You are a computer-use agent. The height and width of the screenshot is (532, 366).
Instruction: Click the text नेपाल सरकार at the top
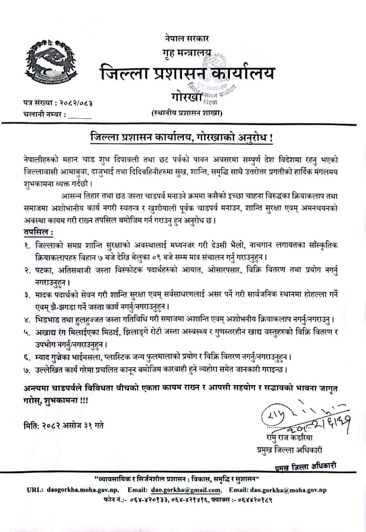[x=187, y=39]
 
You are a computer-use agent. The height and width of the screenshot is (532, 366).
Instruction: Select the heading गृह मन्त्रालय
[x=187, y=53]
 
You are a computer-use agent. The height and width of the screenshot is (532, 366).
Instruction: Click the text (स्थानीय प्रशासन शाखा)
[x=187, y=113]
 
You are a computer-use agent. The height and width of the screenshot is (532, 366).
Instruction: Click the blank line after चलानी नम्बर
[x=81, y=115]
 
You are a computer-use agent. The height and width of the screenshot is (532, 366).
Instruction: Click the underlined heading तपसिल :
[x=38, y=232]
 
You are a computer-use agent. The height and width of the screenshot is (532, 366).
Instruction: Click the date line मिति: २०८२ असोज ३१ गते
[x=63, y=425]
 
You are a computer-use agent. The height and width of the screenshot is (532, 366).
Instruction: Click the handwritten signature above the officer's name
[x=304, y=419]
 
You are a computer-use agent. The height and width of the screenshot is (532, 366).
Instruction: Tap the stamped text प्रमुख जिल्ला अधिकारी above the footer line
[x=304, y=466]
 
